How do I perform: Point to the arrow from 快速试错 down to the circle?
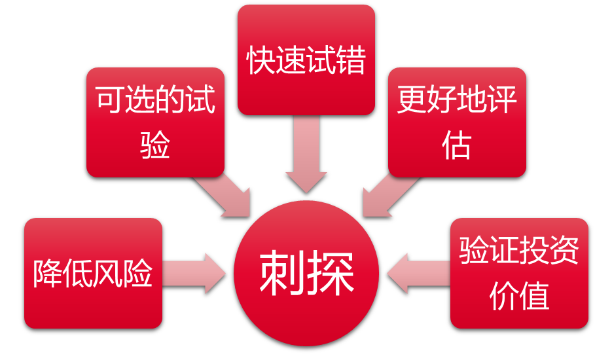click(x=306, y=154)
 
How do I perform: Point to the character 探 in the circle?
click(x=331, y=273)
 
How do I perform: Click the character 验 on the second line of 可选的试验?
click(x=155, y=146)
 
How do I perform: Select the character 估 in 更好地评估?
click(x=457, y=146)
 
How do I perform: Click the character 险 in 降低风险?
click(x=138, y=274)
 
